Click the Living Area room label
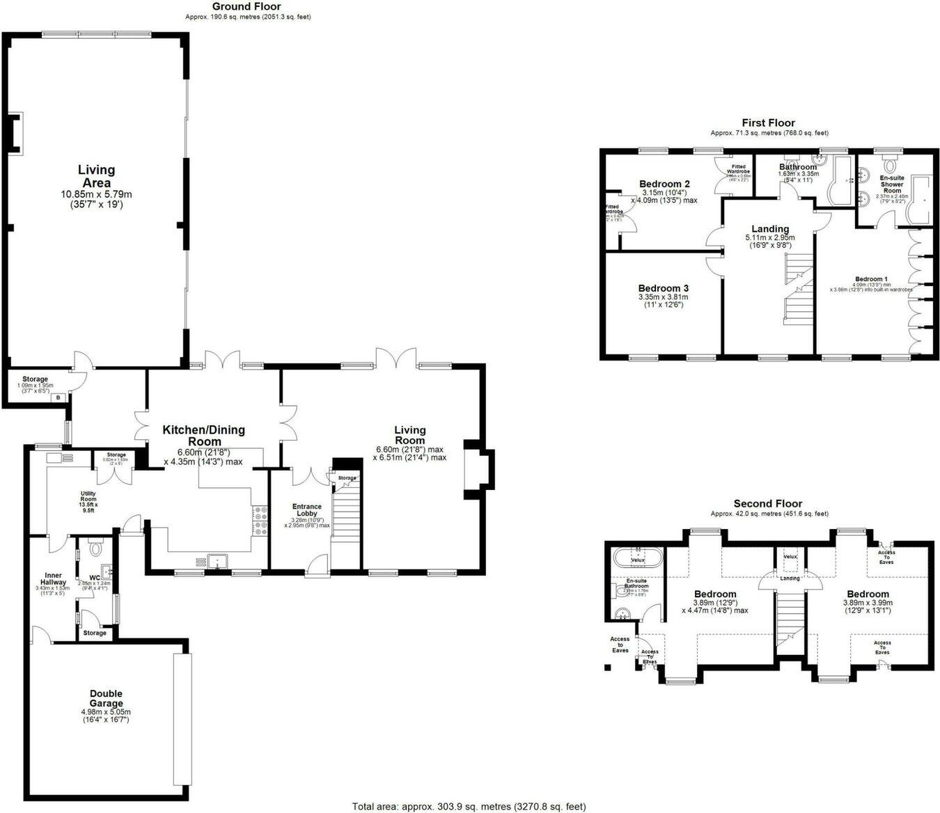click(96, 176)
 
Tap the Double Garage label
click(106, 698)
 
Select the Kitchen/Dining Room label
click(203, 436)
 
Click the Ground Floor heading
click(247, 7)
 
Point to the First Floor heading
click(768, 123)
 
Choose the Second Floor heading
click(767, 504)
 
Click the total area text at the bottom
click(469, 807)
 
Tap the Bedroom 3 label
click(663, 288)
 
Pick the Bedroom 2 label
click(664, 184)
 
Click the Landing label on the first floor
click(770, 229)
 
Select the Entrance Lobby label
click(306, 510)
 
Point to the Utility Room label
click(88, 497)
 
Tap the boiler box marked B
click(59, 397)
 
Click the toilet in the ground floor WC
click(96, 549)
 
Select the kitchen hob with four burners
click(260, 521)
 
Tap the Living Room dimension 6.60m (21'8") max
click(409, 450)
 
